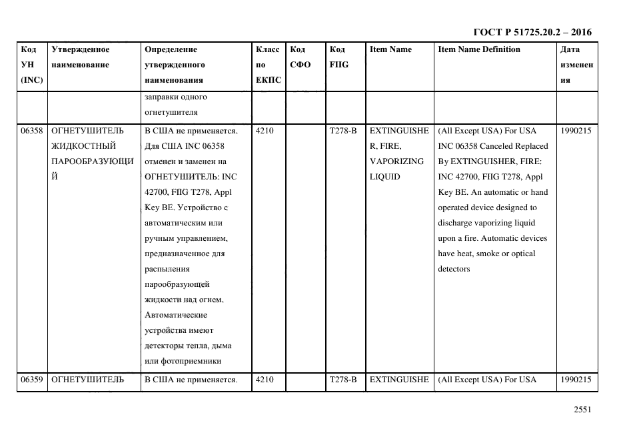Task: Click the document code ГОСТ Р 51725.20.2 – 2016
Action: pos(532,32)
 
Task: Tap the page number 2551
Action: pos(582,410)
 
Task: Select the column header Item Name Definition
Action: pos(479,49)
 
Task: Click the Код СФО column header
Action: pos(298,57)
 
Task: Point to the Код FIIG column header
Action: pos(338,57)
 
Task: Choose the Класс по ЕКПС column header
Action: pos(269,65)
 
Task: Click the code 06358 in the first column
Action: pos(32,131)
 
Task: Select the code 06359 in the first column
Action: pos(32,380)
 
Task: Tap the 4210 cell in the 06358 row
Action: pos(265,131)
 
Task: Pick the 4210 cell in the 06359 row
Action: pos(265,380)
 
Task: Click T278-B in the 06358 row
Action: pos(343,131)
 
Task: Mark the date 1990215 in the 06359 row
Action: pos(576,380)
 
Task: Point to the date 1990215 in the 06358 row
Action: pos(576,131)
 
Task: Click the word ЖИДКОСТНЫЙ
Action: pos(84,146)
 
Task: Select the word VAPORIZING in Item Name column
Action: pos(396,161)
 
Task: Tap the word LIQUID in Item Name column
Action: pos(384,177)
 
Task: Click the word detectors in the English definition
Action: pos(454,269)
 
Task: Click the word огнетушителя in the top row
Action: pos(171,112)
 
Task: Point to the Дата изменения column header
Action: pos(576,65)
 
